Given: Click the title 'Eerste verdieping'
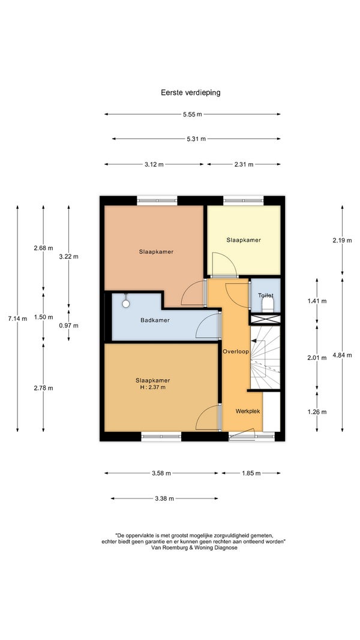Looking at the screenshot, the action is tap(191, 92).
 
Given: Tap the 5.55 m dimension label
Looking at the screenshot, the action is tap(192, 115).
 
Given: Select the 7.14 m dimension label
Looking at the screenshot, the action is tap(17, 319).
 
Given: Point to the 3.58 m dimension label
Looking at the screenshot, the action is tap(161, 473).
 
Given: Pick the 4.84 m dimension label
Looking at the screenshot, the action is tap(342, 355).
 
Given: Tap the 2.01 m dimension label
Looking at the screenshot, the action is tap(317, 358).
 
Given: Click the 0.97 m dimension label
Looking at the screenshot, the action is tap(68, 325).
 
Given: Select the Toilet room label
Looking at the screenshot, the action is tap(265, 295).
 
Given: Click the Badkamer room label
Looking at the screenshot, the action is tap(155, 320).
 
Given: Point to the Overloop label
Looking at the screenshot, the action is tap(236, 351).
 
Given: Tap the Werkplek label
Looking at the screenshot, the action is tap(248, 411).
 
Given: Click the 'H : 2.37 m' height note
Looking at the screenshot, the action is tap(152, 387).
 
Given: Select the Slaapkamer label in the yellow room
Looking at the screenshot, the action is tap(244, 240).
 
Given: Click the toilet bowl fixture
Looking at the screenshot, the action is tap(268, 305).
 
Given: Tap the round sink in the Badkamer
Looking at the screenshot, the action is tap(126, 304).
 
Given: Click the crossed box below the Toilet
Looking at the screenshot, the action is tap(265, 319).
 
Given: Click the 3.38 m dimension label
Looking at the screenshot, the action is tap(164, 498).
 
